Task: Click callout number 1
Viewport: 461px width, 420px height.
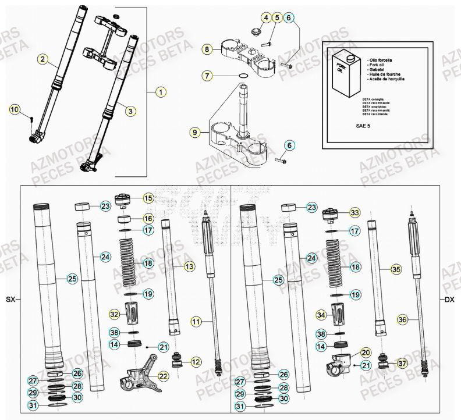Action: pyautogui.click(x=161, y=92)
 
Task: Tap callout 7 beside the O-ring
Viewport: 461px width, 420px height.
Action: pyautogui.click(x=208, y=76)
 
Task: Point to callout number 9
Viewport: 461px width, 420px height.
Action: pyautogui.click(x=193, y=133)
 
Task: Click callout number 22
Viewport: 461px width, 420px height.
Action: pyautogui.click(x=162, y=377)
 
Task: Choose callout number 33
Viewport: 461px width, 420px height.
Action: pyautogui.click(x=354, y=213)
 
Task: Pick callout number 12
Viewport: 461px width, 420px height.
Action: pyautogui.click(x=196, y=362)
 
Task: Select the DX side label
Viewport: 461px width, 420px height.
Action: pyautogui.click(x=449, y=300)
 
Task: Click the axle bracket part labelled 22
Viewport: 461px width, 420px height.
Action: pyautogui.click(x=141, y=376)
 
